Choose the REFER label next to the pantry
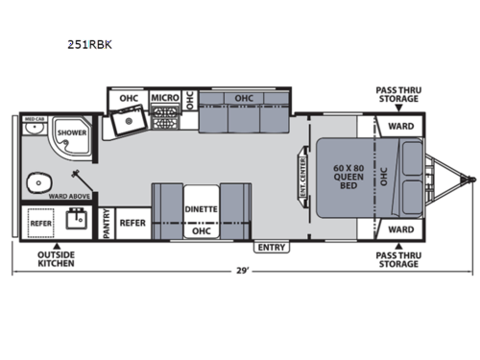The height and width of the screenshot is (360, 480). coord(132,223)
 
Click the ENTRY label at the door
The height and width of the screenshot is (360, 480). coord(273,248)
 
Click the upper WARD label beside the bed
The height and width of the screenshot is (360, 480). coord(401,127)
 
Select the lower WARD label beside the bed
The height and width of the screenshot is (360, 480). coord(401,229)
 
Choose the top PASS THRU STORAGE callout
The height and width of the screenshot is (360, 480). coord(397,94)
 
